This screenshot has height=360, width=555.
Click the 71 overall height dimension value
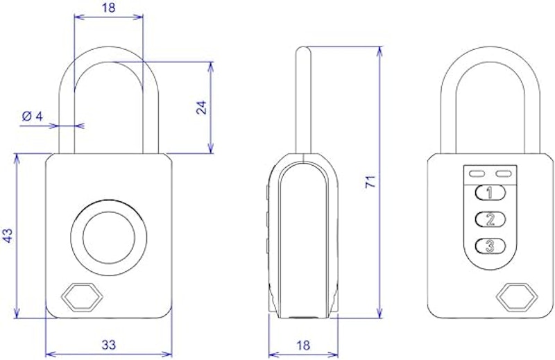pos(370,182)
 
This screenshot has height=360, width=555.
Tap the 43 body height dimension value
pos(8,236)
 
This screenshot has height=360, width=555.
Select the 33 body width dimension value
pos(109,345)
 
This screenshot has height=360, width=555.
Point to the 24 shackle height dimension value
pos(201,108)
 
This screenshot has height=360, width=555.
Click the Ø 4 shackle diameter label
pos(32,116)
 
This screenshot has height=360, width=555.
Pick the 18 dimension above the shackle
pos(109,8)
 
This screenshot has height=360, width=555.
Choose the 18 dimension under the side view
pos(303,345)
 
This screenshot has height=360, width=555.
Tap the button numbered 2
pos(490,219)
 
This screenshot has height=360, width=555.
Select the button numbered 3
pos(490,246)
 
